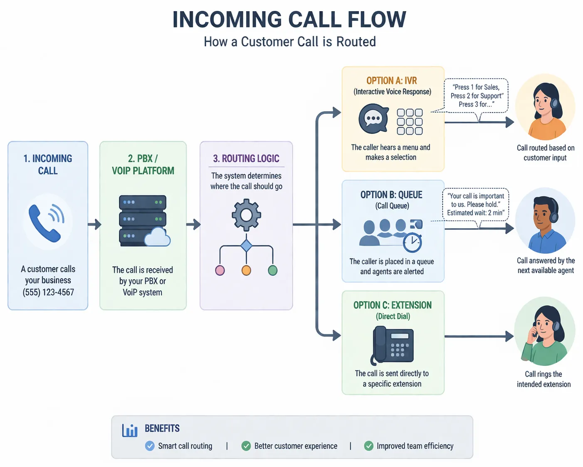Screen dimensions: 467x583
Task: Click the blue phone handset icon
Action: (x=46, y=222)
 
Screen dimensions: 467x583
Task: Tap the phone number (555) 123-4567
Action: (x=48, y=292)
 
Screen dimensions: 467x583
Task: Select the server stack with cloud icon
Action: (x=144, y=221)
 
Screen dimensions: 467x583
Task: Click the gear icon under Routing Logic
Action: (x=246, y=215)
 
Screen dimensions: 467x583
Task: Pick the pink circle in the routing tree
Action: (x=220, y=270)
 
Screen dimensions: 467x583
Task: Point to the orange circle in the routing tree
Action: (x=246, y=270)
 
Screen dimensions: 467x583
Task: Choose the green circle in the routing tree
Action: (x=273, y=270)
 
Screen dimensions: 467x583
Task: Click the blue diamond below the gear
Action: (x=246, y=246)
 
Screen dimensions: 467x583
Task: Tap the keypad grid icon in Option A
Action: (x=410, y=122)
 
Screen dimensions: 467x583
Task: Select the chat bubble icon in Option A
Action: (x=373, y=119)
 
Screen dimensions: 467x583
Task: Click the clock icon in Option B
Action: (x=413, y=242)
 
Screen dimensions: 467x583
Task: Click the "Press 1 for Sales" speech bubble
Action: (x=477, y=96)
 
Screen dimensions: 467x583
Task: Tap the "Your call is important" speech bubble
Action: (x=476, y=205)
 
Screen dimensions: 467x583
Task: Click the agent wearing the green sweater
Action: (x=545, y=332)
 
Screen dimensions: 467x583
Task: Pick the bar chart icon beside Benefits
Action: (x=130, y=430)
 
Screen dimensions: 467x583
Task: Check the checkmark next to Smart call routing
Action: (x=150, y=446)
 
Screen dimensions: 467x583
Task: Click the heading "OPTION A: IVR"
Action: (x=391, y=80)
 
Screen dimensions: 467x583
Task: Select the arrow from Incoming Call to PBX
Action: (x=94, y=225)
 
